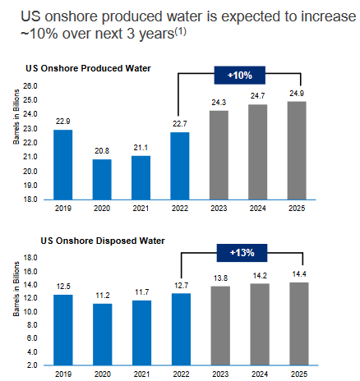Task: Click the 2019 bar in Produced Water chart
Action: click(x=63, y=164)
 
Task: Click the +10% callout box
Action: click(x=240, y=76)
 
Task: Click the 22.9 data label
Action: click(x=63, y=122)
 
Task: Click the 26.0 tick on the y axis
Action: click(x=30, y=86)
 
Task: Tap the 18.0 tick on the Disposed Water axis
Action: click(x=30, y=258)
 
